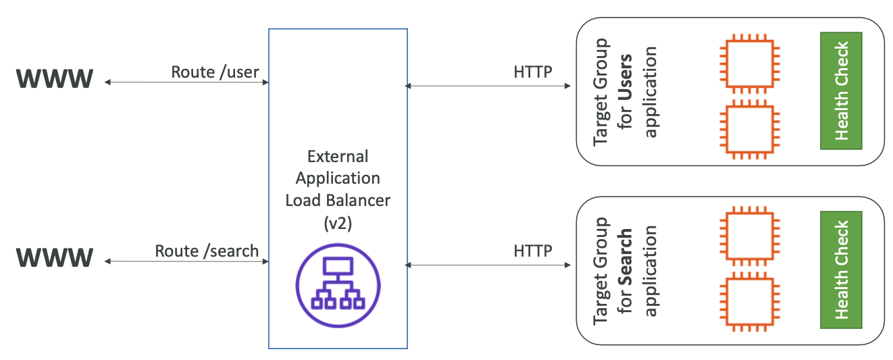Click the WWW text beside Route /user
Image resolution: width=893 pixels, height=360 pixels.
pos(55,78)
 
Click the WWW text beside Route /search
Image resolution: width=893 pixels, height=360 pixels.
pos(55,257)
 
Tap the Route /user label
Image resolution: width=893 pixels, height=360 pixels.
pos(215,72)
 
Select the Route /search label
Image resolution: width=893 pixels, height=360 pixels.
pos(207,251)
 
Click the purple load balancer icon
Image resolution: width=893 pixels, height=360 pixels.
pos(338,286)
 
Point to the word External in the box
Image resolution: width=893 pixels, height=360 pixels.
pos(338,156)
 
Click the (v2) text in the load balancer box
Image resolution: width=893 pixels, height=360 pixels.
pos(338,224)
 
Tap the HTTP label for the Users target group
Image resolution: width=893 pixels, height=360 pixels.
pos(532,72)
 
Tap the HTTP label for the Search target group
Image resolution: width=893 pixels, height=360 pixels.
pos(532,251)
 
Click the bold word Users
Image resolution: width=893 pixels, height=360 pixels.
pos(625,78)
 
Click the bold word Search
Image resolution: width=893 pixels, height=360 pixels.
pos(625,257)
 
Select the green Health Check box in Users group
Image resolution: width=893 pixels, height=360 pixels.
pos(841,91)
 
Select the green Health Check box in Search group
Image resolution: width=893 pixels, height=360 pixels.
pos(841,270)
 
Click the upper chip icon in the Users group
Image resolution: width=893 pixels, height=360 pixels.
pos(750,63)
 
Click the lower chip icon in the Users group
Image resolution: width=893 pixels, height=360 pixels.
pos(750,130)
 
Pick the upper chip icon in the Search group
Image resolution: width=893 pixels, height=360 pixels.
pos(750,236)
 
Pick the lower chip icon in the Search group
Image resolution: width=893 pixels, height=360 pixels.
pos(750,302)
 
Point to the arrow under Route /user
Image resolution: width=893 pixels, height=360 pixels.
pos(186,82)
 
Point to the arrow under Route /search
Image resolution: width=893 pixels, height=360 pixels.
pos(186,261)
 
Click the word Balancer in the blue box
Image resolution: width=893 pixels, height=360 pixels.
pos(358,200)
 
